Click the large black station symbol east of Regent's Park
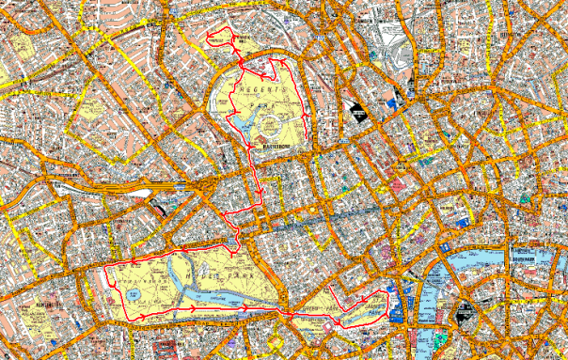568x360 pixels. point(358,112)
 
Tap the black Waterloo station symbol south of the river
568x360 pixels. point(464,314)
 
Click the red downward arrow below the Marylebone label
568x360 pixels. point(260,192)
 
